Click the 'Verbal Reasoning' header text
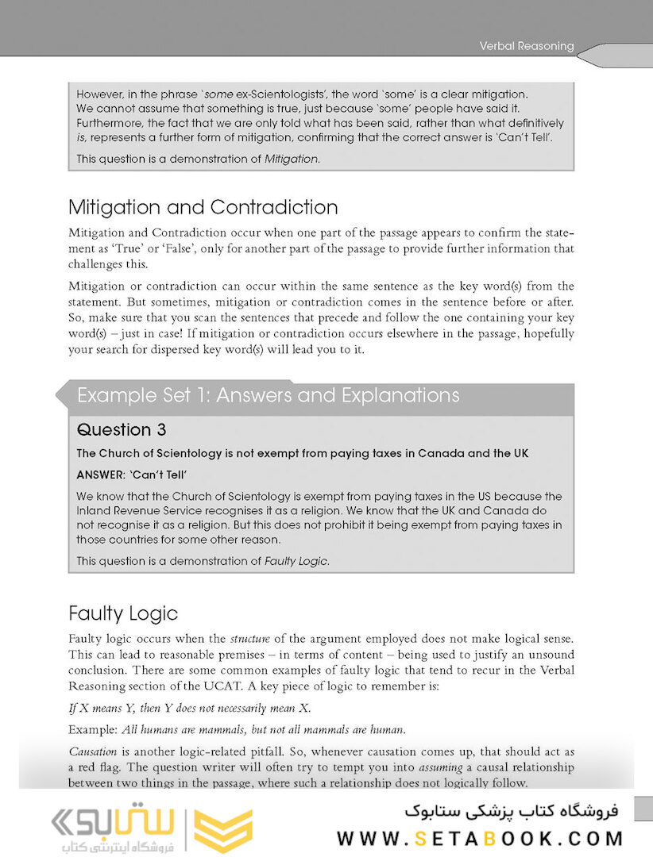(x=526, y=46)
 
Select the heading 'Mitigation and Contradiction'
(x=203, y=208)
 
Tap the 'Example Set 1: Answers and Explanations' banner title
(x=268, y=395)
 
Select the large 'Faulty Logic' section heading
(x=123, y=613)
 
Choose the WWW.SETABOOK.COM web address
(x=480, y=838)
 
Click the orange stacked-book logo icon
(x=224, y=830)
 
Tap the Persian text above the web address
(x=511, y=811)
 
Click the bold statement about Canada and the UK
(x=302, y=454)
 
